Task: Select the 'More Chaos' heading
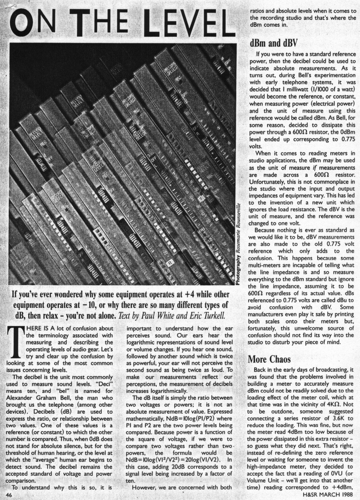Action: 269,359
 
